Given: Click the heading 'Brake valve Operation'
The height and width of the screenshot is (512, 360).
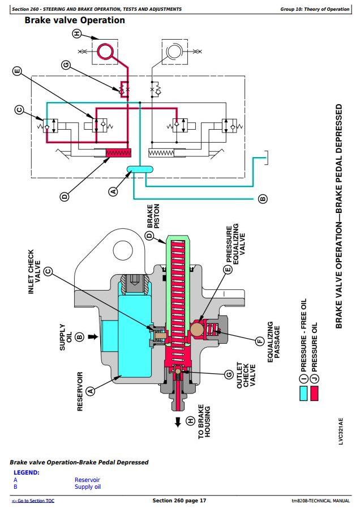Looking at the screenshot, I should click(x=75, y=20).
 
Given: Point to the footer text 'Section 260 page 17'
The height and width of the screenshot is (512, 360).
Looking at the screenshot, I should click(x=179, y=501).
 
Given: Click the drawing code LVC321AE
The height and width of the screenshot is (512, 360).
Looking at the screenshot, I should click(x=341, y=432).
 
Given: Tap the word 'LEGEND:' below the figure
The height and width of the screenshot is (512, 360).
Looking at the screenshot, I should click(x=26, y=472).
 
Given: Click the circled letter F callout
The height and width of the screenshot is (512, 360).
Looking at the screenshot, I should click(x=260, y=341).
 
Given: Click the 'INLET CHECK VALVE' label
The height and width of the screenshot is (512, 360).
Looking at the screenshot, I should click(x=35, y=272).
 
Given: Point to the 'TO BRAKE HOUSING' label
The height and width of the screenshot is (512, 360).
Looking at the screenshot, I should click(x=204, y=422).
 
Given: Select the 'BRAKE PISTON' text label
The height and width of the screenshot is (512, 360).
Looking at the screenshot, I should click(x=153, y=217).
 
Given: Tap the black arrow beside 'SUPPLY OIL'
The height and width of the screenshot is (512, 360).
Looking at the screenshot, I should click(x=91, y=337).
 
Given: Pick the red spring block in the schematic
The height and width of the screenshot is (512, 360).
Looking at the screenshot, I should click(x=118, y=152).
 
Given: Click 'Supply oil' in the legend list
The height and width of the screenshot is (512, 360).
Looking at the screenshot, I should click(x=88, y=487).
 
